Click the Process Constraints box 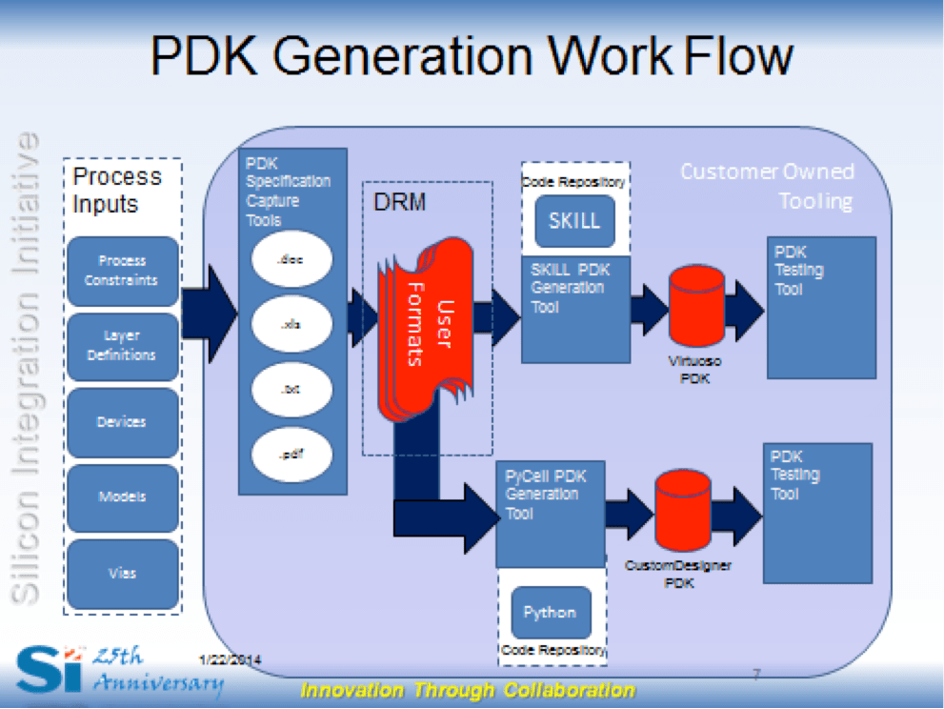(122, 271)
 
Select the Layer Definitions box (122, 345)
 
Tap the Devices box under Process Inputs (122, 422)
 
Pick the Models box (122, 496)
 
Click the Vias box (122, 573)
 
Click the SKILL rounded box (574, 220)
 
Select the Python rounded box (550, 613)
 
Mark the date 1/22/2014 (231, 659)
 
